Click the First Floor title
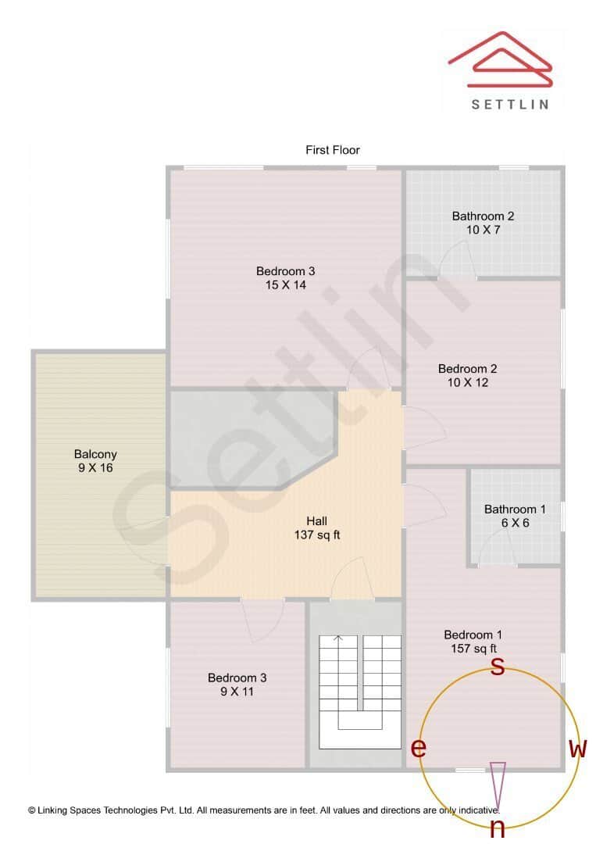point(333,150)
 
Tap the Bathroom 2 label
point(483,216)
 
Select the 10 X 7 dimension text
point(483,230)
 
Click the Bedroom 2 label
point(467,369)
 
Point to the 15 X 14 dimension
point(286,285)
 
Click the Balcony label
point(95,455)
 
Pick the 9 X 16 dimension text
point(95,468)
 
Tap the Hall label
point(317,521)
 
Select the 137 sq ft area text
point(317,535)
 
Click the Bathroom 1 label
point(515,510)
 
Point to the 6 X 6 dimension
point(515,523)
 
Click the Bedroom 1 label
point(473,635)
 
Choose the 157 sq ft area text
point(473,649)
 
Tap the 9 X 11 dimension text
point(237,692)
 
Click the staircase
point(360,692)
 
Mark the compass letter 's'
point(498,667)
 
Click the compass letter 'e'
point(419,747)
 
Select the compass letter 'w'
point(578,748)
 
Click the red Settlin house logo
point(500,59)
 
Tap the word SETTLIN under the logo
point(510,105)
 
